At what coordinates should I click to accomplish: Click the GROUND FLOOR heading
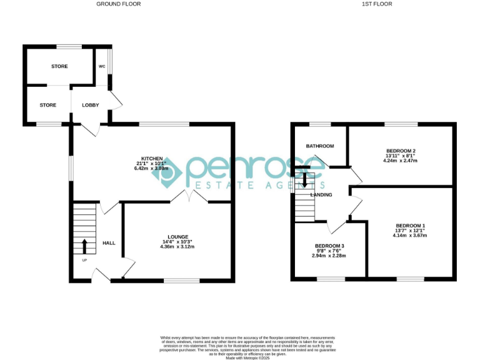pyautogui.click(x=118, y=4)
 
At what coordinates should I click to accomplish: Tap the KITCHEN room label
pyautogui.click(x=152, y=159)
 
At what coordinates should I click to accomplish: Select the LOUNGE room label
pyautogui.click(x=177, y=236)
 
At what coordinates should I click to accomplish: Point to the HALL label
pyautogui.click(x=108, y=243)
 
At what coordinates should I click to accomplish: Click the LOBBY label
pyautogui.click(x=91, y=105)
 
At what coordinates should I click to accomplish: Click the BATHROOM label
pyautogui.click(x=319, y=146)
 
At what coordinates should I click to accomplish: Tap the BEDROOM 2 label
pyautogui.click(x=401, y=151)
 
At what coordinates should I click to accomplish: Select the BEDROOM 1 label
pyautogui.click(x=410, y=225)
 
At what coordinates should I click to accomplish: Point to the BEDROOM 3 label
pyautogui.click(x=329, y=246)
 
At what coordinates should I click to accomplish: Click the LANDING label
pyautogui.click(x=321, y=195)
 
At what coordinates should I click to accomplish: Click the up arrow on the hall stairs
pyautogui.click(x=84, y=245)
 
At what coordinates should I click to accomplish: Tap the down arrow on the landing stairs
pyautogui.click(x=304, y=180)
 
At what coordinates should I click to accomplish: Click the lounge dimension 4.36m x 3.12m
pyautogui.click(x=177, y=247)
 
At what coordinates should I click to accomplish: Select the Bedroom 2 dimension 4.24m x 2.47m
pyautogui.click(x=401, y=161)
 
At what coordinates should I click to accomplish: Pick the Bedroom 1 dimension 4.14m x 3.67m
pyautogui.click(x=410, y=236)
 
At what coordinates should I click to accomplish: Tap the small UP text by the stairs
pyautogui.click(x=84, y=260)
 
